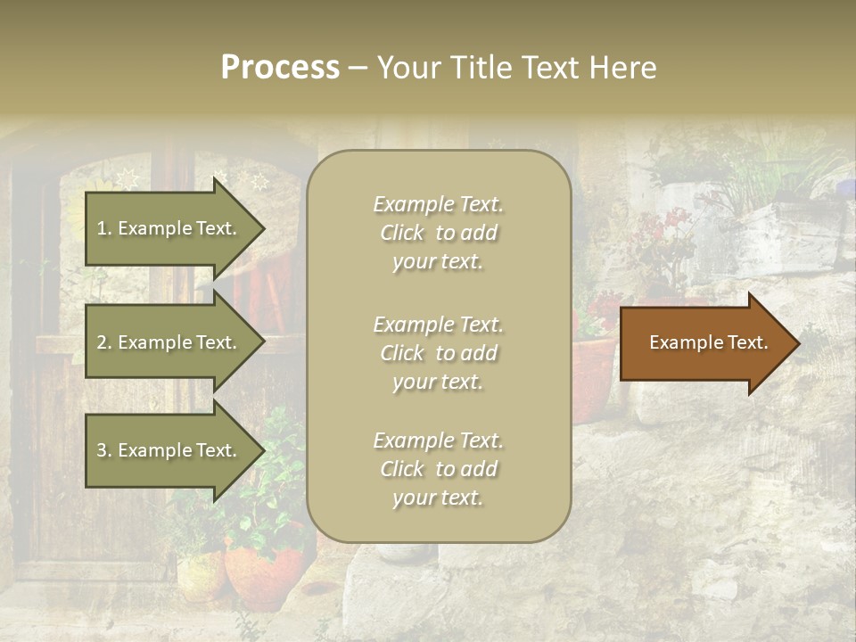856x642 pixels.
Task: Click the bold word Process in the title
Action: [280, 68]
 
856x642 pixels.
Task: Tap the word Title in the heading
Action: [479, 68]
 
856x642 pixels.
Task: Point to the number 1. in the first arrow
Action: [104, 228]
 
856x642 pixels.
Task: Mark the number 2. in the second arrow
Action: [104, 342]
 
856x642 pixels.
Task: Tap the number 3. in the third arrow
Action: [104, 450]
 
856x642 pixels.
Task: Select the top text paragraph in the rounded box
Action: [438, 233]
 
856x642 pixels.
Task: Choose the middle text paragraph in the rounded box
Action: [438, 353]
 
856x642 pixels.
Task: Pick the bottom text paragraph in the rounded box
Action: [438, 469]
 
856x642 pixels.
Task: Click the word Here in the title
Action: [623, 68]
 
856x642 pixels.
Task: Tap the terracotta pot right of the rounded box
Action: [592, 374]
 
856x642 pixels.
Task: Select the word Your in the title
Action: [407, 68]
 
